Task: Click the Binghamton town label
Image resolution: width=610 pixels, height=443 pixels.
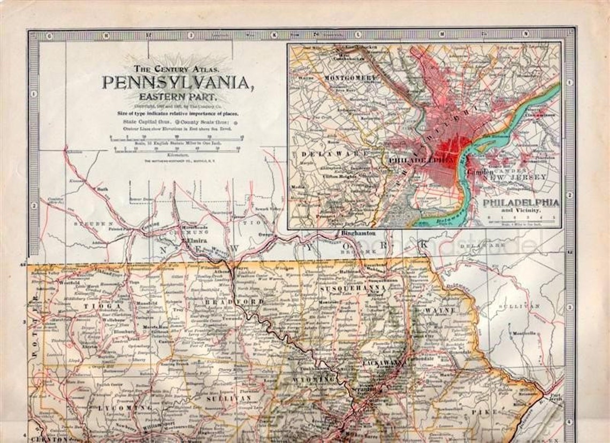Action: click(x=358, y=234)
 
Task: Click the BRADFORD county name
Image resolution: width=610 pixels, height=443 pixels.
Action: click(x=234, y=302)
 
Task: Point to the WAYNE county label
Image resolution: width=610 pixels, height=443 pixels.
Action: click(x=440, y=310)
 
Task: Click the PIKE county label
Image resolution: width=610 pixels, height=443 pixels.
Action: click(x=487, y=412)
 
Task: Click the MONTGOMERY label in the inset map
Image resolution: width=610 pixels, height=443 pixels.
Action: click(x=350, y=78)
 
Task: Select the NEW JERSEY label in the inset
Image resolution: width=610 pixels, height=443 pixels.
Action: click(x=520, y=176)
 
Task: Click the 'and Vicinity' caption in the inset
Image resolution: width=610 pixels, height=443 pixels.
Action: click(x=521, y=210)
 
